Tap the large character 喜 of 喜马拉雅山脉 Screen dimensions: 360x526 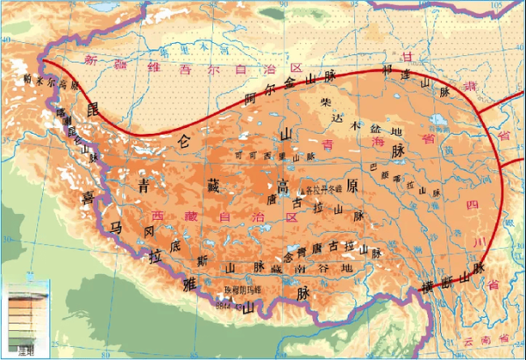pyautogui.click(x=88, y=198)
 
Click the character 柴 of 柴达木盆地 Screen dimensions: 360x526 pyautogui.click(x=326, y=102)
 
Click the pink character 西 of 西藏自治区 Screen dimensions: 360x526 pyautogui.click(x=158, y=214)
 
